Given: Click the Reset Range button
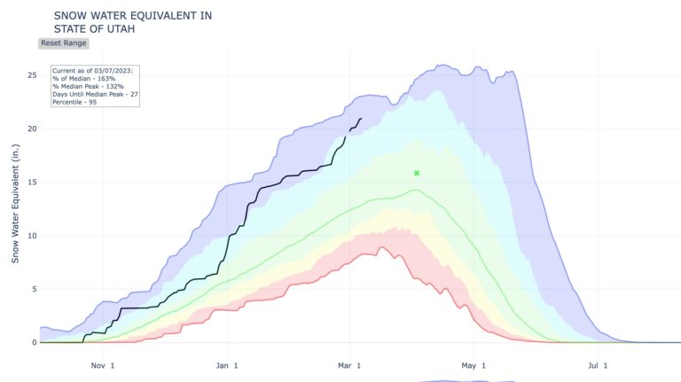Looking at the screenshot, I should click(64, 43).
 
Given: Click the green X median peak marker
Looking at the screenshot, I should click(417, 173).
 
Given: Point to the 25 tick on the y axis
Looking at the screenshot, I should click(31, 75).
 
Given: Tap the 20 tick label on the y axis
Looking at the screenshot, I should click(31, 129).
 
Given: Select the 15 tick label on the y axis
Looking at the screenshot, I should click(31, 183).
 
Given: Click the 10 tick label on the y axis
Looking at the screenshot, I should click(31, 236).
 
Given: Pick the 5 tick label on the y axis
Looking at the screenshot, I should click(33, 289).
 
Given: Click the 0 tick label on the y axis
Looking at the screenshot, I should click(33, 342).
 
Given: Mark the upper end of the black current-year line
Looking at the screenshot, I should click(361, 119).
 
